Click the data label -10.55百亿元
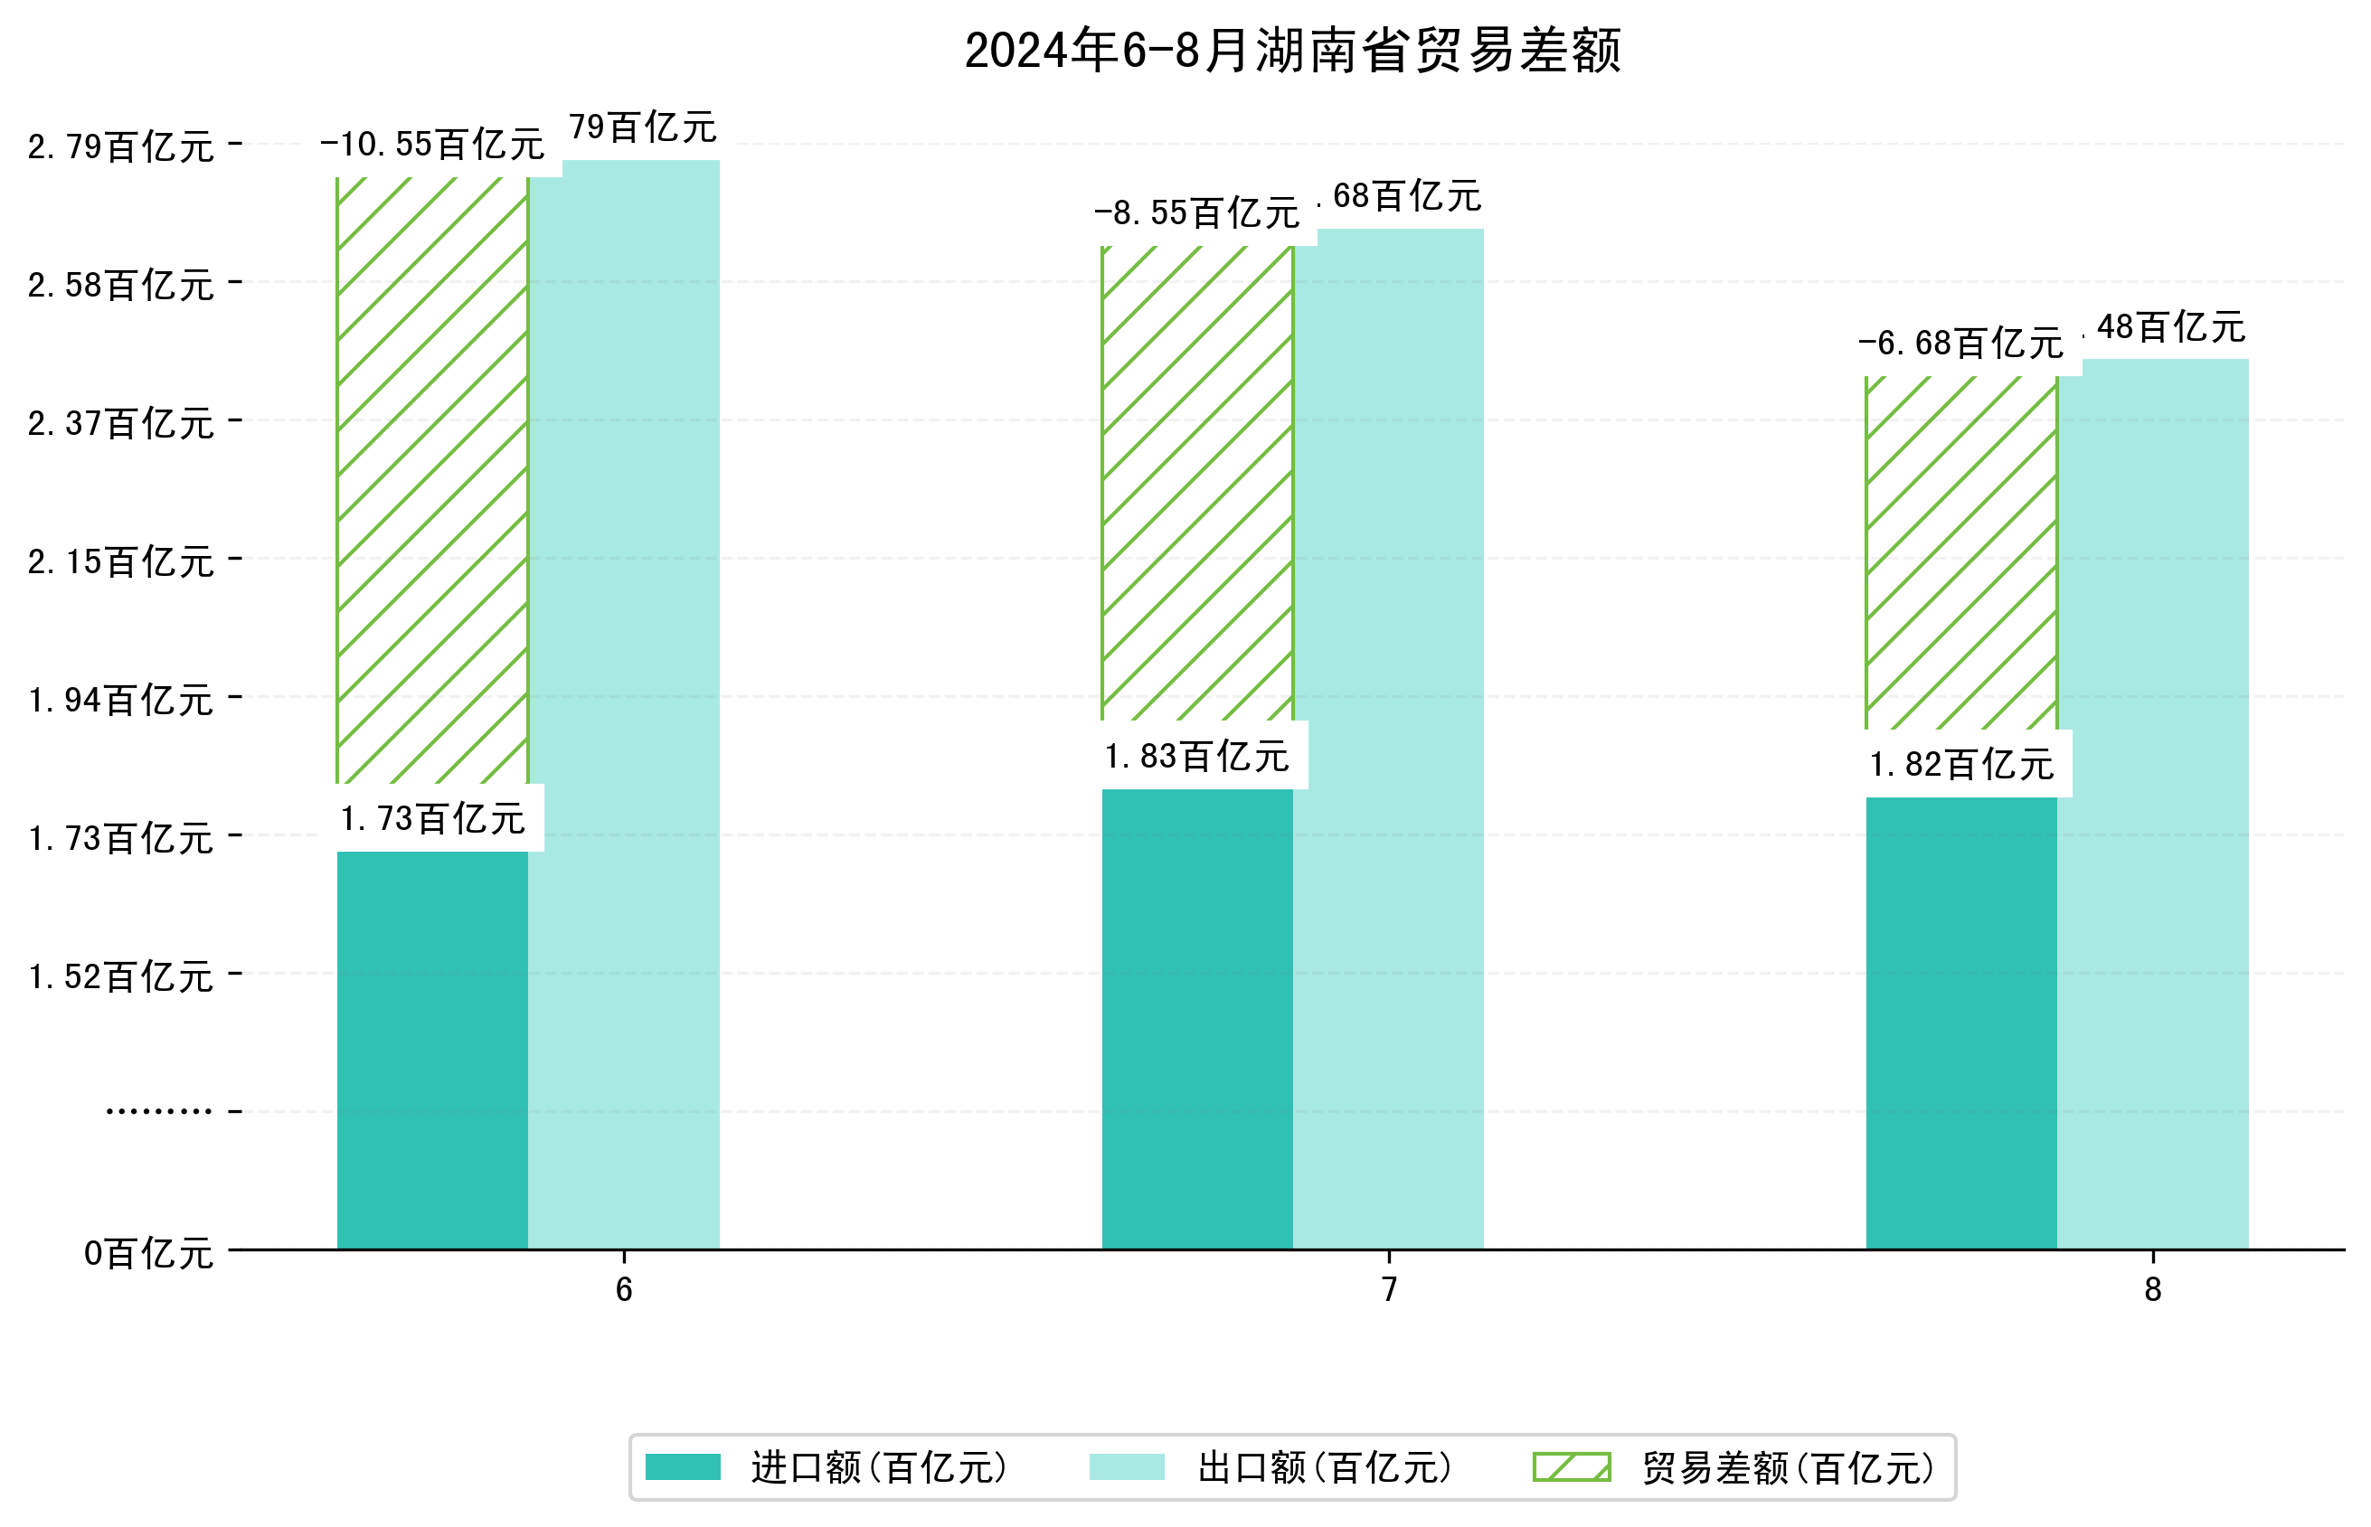click(x=432, y=145)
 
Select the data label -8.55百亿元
click(x=1196, y=213)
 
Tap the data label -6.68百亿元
click(x=1960, y=343)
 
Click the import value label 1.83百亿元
click(x=1196, y=757)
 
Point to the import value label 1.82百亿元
click(x=1960, y=765)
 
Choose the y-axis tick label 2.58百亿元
click(x=120, y=286)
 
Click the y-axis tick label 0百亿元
click(x=147, y=1253)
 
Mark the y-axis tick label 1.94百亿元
click(x=120, y=700)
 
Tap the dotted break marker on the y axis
click(x=158, y=1111)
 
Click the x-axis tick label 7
click(x=1388, y=1289)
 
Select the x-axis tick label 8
click(x=2152, y=1289)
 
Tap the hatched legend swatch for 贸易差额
click(x=1571, y=1466)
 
